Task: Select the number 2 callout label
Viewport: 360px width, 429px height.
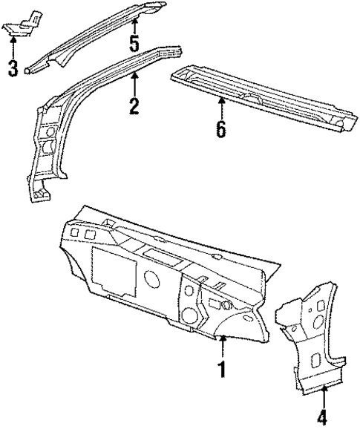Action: [x=134, y=105]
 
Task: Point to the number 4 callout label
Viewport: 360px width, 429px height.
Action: [x=321, y=417]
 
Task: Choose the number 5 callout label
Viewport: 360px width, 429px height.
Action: [x=134, y=43]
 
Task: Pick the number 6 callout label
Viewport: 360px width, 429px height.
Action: [x=220, y=128]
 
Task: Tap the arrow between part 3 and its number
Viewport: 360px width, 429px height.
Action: [x=13, y=46]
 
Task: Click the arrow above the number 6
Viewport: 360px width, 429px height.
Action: [x=220, y=107]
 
